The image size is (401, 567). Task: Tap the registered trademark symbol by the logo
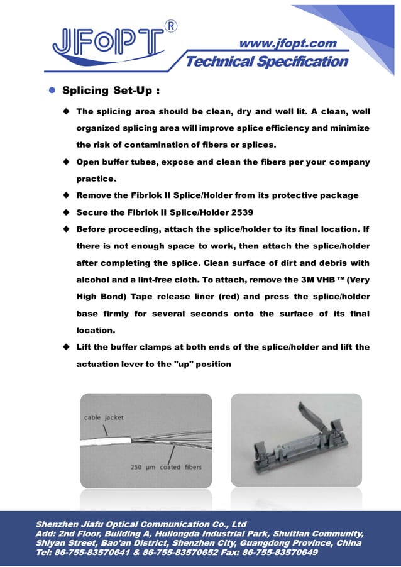click(170, 26)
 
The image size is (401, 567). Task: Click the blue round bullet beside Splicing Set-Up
click(53, 91)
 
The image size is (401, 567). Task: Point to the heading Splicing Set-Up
click(110, 91)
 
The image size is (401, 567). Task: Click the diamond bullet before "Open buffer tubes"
click(65, 162)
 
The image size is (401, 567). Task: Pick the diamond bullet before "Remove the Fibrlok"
click(65, 195)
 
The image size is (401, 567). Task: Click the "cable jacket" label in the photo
click(104, 417)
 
